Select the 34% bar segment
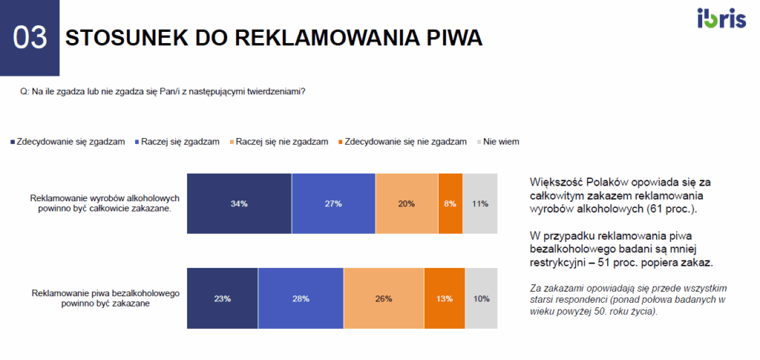[x=239, y=203]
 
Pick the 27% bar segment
[x=333, y=203]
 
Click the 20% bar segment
[x=407, y=203]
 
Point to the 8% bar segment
[x=451, y=203]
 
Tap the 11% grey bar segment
[x=479, y=203]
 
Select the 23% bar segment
[x=223, y=298]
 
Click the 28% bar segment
[x=301, y=298]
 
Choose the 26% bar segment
[x=384, y=298]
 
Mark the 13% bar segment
[x=445, y=298]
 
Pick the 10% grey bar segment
[x=481, y=298]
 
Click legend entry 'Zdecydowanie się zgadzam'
[x=66, y=141]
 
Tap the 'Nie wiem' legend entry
[x=499, y=141]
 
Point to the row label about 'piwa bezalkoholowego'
[x=106, y=298]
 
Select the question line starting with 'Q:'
[x=163, y=91]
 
